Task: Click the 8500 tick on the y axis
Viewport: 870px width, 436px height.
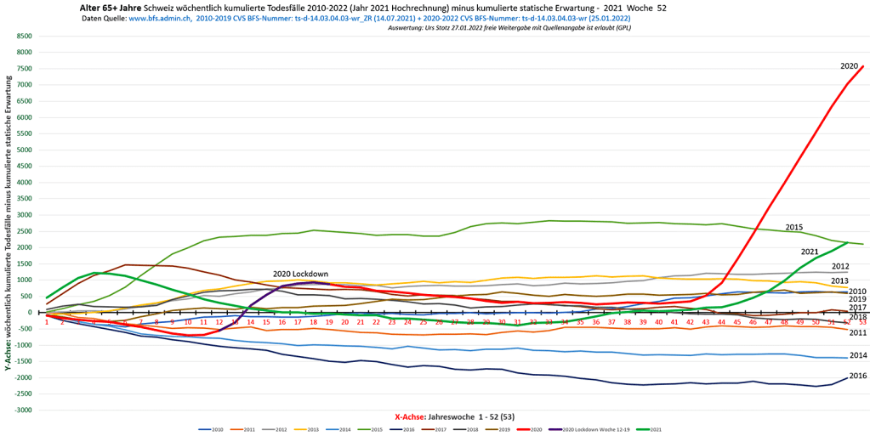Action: [24, 37]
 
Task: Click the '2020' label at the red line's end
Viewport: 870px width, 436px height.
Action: [849, 65]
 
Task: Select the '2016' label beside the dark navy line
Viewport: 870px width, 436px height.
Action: [857, 376]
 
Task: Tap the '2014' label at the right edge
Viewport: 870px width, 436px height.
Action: [857, 355]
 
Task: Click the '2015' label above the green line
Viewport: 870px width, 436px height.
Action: [793, 227]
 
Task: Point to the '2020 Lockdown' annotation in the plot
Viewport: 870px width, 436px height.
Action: [300, 274]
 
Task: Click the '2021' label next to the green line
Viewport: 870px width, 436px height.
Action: [810, 252]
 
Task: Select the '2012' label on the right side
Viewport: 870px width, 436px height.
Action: [840, 266]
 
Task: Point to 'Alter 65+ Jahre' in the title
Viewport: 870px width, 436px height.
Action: [111, 7]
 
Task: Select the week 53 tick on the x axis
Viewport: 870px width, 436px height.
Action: [862, 322]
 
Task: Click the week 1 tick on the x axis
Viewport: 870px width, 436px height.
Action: [47, 322]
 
